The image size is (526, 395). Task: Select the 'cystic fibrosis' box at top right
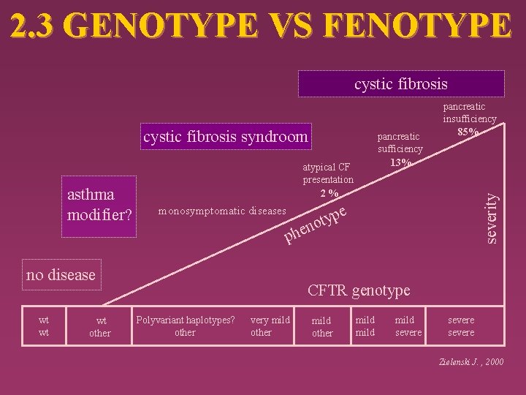(x=401, y=83)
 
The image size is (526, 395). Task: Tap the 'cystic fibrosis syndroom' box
(x=226, y=136)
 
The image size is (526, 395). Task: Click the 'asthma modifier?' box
(x=99, y=207)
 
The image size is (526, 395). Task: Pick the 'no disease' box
(x=61, y=275)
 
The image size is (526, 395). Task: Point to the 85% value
(x=468, y=132)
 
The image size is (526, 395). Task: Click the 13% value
(x=400, y=162)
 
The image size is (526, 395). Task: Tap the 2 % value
(x=328, y=193)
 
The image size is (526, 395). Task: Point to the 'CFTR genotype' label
(x=359, y=291)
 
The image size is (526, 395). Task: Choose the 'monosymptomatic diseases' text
(x=222, y=211)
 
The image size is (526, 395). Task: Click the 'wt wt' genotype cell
(x=45, y=326)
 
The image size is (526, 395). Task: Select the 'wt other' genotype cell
(x=99, y=327)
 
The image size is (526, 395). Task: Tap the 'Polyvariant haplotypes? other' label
(x=185, y=326)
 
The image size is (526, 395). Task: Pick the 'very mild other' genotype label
(x=270, y=326)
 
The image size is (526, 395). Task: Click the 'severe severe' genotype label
(x=461, y=326)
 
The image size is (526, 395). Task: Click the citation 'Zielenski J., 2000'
(x=472, y=362)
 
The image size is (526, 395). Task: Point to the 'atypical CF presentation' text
(x=328, y=173)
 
